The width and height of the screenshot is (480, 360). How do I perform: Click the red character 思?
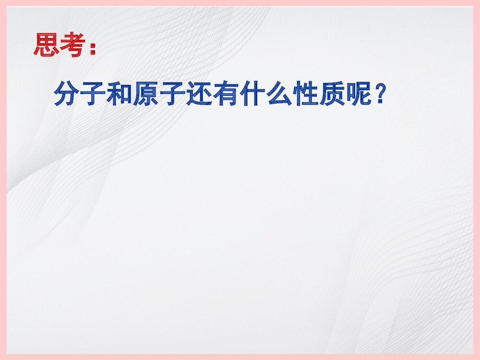[47, 46]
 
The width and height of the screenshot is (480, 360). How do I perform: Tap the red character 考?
[73, 46]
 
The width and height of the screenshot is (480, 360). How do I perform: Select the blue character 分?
[66, 94]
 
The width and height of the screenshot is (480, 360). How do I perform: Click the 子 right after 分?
[92, 94]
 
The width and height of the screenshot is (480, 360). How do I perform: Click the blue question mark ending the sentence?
[379, 94]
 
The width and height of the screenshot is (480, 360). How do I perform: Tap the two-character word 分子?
[79, 94]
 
